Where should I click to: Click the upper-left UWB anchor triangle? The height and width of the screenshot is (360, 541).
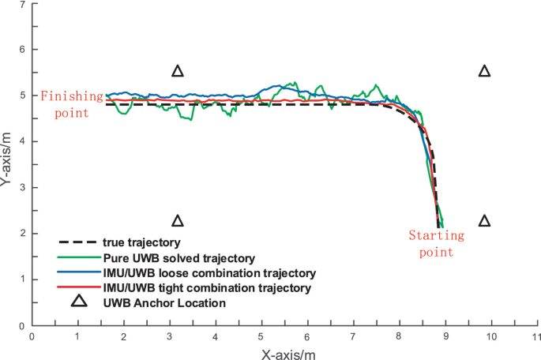coord(178,71)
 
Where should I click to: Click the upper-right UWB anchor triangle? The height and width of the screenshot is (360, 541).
coord(485,71)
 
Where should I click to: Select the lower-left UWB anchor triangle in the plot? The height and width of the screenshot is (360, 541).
coord(178,220)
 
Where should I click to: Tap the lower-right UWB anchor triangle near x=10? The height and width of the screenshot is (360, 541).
coord(485,220)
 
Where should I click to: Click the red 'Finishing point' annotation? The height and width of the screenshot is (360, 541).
coord(72,103)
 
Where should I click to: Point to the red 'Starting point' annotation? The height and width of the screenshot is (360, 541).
coord(431,243)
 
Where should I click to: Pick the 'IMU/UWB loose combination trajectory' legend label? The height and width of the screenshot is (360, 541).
coord(209,272)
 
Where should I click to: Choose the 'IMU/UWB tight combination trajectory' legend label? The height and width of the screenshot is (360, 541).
coord(208,288)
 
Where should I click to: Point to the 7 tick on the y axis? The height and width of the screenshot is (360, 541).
coord(22,5)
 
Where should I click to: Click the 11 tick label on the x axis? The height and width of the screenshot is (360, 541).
coord(537,336)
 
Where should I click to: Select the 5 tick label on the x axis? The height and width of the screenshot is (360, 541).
coord(261,336)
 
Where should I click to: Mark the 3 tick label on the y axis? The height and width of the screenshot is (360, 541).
coord(22,188)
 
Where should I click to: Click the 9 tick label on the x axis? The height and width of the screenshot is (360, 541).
coord(445,336)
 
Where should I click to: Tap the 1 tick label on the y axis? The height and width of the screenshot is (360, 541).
coord(22,279)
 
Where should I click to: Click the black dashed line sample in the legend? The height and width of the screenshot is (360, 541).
coord(77,242)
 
